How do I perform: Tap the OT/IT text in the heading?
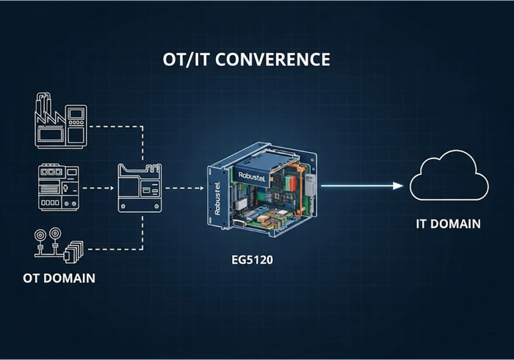[187, 60]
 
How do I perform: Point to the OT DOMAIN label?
[58, 279]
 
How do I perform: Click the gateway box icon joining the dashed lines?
[140, 189]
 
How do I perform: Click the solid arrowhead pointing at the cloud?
[399, 186]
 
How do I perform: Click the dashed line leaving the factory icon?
[114, 126]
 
